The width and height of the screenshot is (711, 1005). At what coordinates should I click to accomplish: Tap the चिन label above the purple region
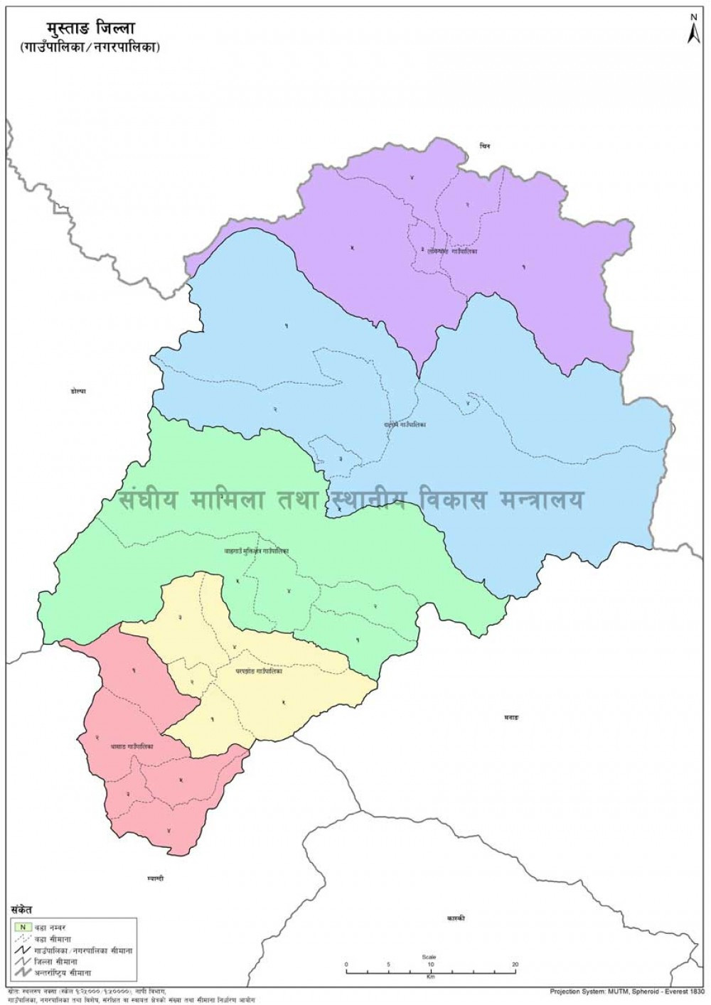click(485, 146)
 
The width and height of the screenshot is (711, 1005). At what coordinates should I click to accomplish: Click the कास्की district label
click(456, 918)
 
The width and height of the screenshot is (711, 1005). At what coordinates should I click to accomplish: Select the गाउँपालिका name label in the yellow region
click(259, 671)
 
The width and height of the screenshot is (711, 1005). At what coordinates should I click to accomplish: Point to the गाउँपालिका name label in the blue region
click(405, 425)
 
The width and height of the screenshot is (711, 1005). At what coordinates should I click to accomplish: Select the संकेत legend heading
click(21, 910)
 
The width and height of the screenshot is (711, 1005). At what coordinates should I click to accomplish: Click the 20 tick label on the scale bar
click(514, 964)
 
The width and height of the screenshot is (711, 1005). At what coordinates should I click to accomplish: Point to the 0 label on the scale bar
click(347, 964)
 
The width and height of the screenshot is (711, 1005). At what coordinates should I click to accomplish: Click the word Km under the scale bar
click(430, 978)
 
